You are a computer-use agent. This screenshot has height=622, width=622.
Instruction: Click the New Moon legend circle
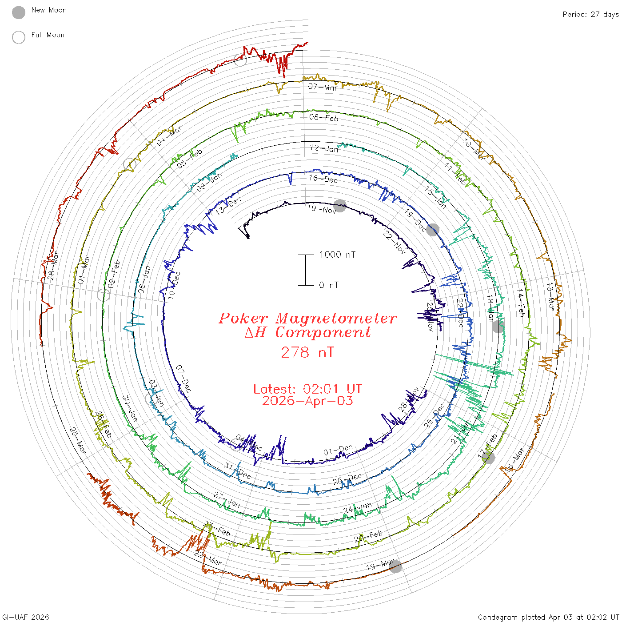click(19, 13)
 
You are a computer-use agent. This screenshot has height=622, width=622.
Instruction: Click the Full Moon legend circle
click(19, 37)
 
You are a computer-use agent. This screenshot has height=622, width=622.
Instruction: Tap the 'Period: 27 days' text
click(590, 15)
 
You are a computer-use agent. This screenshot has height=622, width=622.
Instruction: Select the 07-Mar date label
click(323, 87)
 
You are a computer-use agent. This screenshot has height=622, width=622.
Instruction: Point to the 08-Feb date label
click(324, 118)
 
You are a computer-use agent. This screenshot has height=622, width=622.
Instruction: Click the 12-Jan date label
click(324, 148)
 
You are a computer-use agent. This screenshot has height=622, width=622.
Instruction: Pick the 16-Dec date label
click(323, 179)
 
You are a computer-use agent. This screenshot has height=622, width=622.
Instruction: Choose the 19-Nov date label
click(322, 209)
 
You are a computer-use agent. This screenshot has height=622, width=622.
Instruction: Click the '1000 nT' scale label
click(338, 255)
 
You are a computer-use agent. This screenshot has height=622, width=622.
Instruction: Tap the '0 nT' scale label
click(329, 285)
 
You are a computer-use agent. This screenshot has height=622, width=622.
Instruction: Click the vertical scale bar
click(306, 270)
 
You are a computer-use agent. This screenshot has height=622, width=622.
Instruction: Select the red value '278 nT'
click(307, 352)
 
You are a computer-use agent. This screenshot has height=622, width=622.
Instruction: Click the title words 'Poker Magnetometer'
click(308, 318)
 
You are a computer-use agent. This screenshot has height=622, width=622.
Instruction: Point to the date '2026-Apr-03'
click(307, 401)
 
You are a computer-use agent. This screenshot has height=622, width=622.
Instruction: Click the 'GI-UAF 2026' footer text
click(26, 617)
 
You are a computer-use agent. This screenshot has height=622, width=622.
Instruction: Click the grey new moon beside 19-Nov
click(340, 206)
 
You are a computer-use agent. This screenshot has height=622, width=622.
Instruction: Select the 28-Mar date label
click(53, 266)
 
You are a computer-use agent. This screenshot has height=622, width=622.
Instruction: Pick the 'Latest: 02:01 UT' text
click(307, 389)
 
